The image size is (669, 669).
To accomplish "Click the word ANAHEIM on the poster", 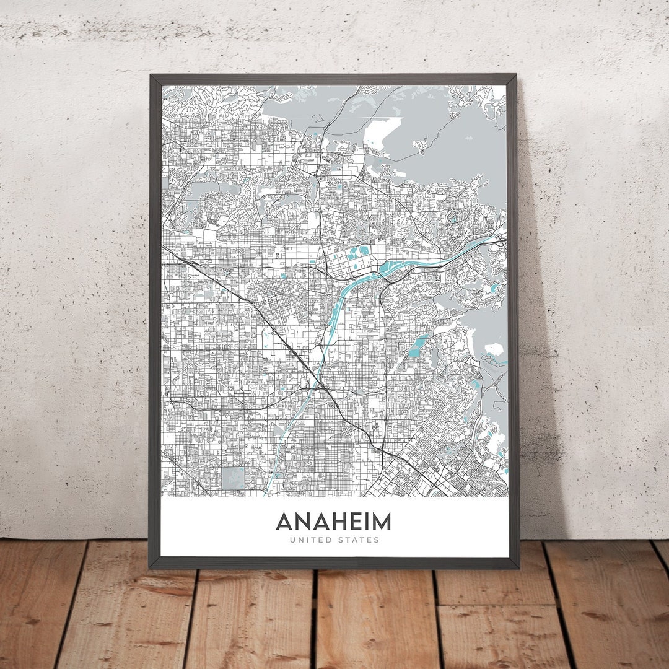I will pyautogui.click(x=333, y=522).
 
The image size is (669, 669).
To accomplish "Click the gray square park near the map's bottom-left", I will pyautogui.click(x=234, y=478).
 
